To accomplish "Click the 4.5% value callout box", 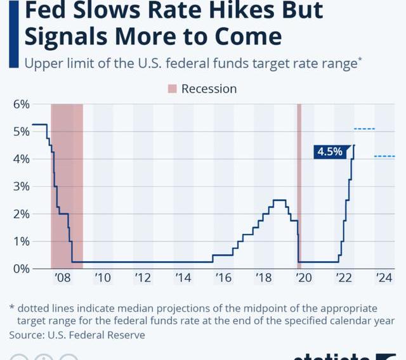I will point(331,151).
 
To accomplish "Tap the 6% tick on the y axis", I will point(22,104).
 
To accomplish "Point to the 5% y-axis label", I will point(22,131).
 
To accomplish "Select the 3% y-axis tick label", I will point(22,186).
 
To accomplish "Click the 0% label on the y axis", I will point(22,269).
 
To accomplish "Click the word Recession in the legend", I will point(209,89).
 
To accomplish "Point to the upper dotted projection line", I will point(364,129).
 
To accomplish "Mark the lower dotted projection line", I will point(384,157).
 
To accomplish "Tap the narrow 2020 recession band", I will point(299,184).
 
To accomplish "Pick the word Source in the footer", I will point(27,334).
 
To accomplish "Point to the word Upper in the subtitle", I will point(42,63).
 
